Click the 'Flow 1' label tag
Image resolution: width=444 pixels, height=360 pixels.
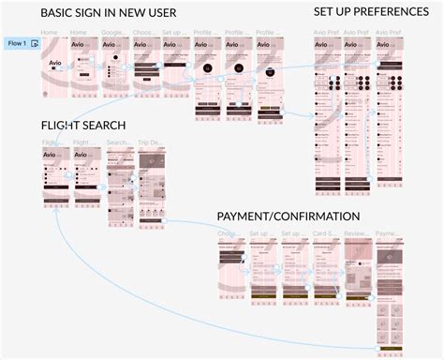point(16,44)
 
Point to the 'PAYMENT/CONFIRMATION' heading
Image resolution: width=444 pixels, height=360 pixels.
point(290,217)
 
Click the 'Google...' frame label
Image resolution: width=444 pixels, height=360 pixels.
point(113,34)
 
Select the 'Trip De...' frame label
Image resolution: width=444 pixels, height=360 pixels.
point(150,143)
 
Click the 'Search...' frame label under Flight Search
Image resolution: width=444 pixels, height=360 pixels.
point(119,143)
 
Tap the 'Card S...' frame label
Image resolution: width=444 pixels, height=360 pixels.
point(325,233)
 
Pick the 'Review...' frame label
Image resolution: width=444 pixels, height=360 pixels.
point(357,233)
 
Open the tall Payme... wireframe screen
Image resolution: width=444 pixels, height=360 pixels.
point(389,300)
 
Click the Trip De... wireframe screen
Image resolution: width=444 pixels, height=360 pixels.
point(151,187)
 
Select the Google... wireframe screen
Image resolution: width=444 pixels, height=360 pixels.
point(114,70)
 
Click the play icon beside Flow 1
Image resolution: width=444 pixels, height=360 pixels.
point(35,44)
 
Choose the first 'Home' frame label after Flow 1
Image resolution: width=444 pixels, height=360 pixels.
point(50,34)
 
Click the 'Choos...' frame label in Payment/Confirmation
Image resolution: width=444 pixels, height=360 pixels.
point(229,233)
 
